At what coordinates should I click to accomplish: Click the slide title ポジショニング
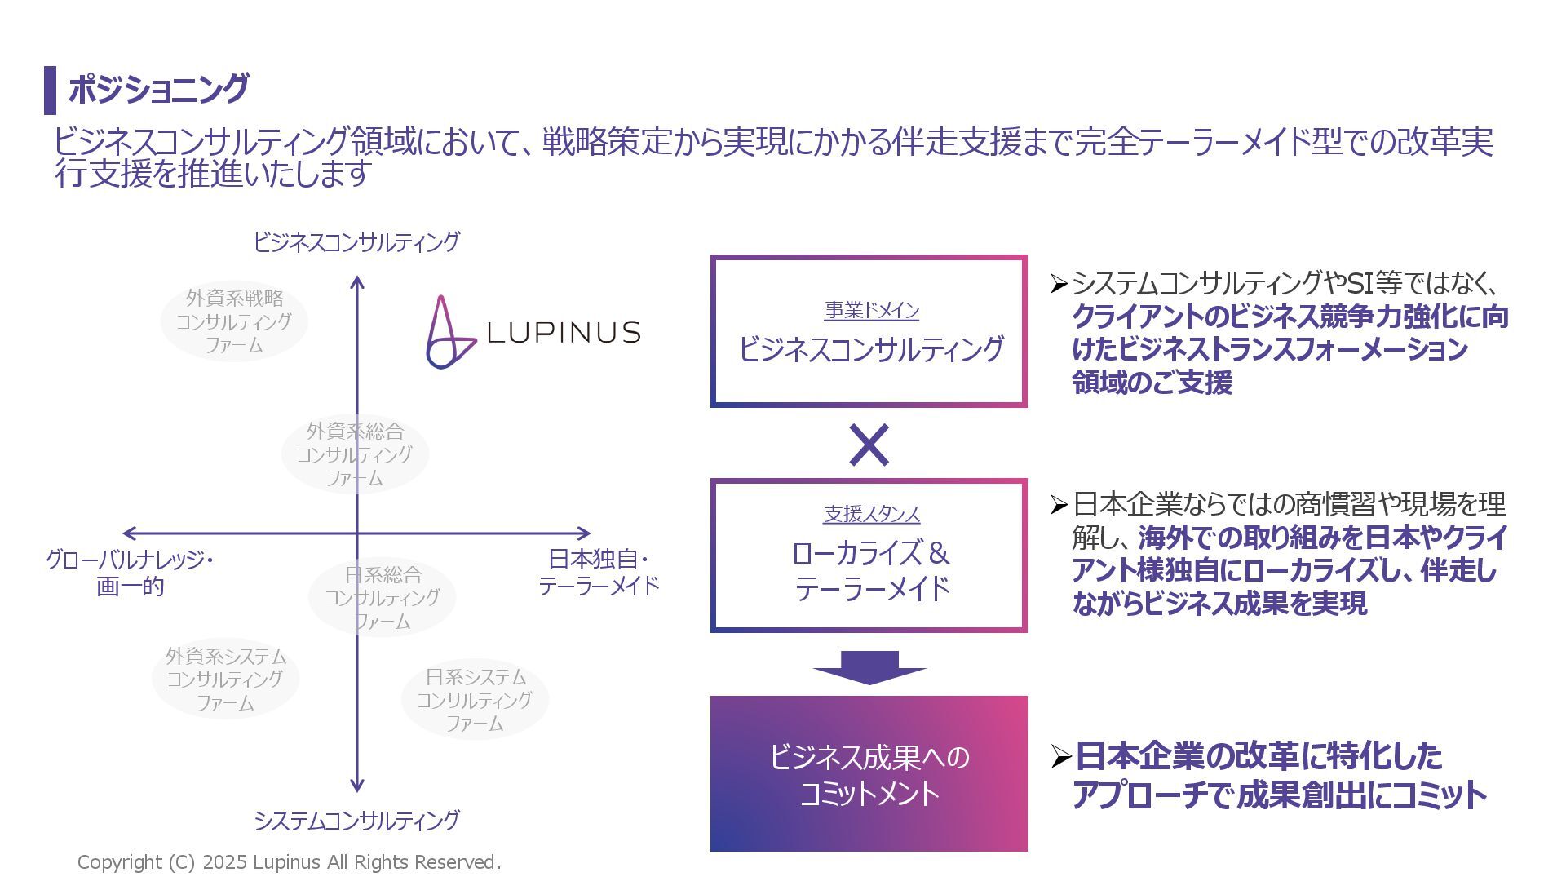pos(158,89)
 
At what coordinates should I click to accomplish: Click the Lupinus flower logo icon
pos(446,333)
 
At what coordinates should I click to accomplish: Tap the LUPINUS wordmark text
pos(563,333)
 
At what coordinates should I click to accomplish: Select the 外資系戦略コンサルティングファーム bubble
pos(234,321)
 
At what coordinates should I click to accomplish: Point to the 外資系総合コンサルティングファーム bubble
pos(355,454)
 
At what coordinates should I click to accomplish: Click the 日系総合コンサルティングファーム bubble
pos(382,598)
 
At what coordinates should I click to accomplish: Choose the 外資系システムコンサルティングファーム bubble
pos(226,679)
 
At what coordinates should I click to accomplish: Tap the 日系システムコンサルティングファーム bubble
pos(475,700)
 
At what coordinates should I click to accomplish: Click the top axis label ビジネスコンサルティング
pos(356,242)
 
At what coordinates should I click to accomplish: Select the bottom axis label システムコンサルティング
pos(356,820)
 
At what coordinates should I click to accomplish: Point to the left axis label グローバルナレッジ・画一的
pos(130,573)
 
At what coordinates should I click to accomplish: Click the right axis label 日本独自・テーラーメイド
pos(598,573)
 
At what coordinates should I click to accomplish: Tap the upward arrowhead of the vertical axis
pos(356,282)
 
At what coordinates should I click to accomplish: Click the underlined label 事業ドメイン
pos(871,311)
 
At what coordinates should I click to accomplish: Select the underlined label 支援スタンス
pos(871,514)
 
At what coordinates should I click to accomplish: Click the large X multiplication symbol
pos(869,445)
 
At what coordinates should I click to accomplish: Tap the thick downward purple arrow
pos(869,667)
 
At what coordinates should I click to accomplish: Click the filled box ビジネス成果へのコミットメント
pos(869,773)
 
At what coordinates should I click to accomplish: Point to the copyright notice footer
pos(289,862)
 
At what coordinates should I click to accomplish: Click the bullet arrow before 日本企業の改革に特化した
pos(1059,758)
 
